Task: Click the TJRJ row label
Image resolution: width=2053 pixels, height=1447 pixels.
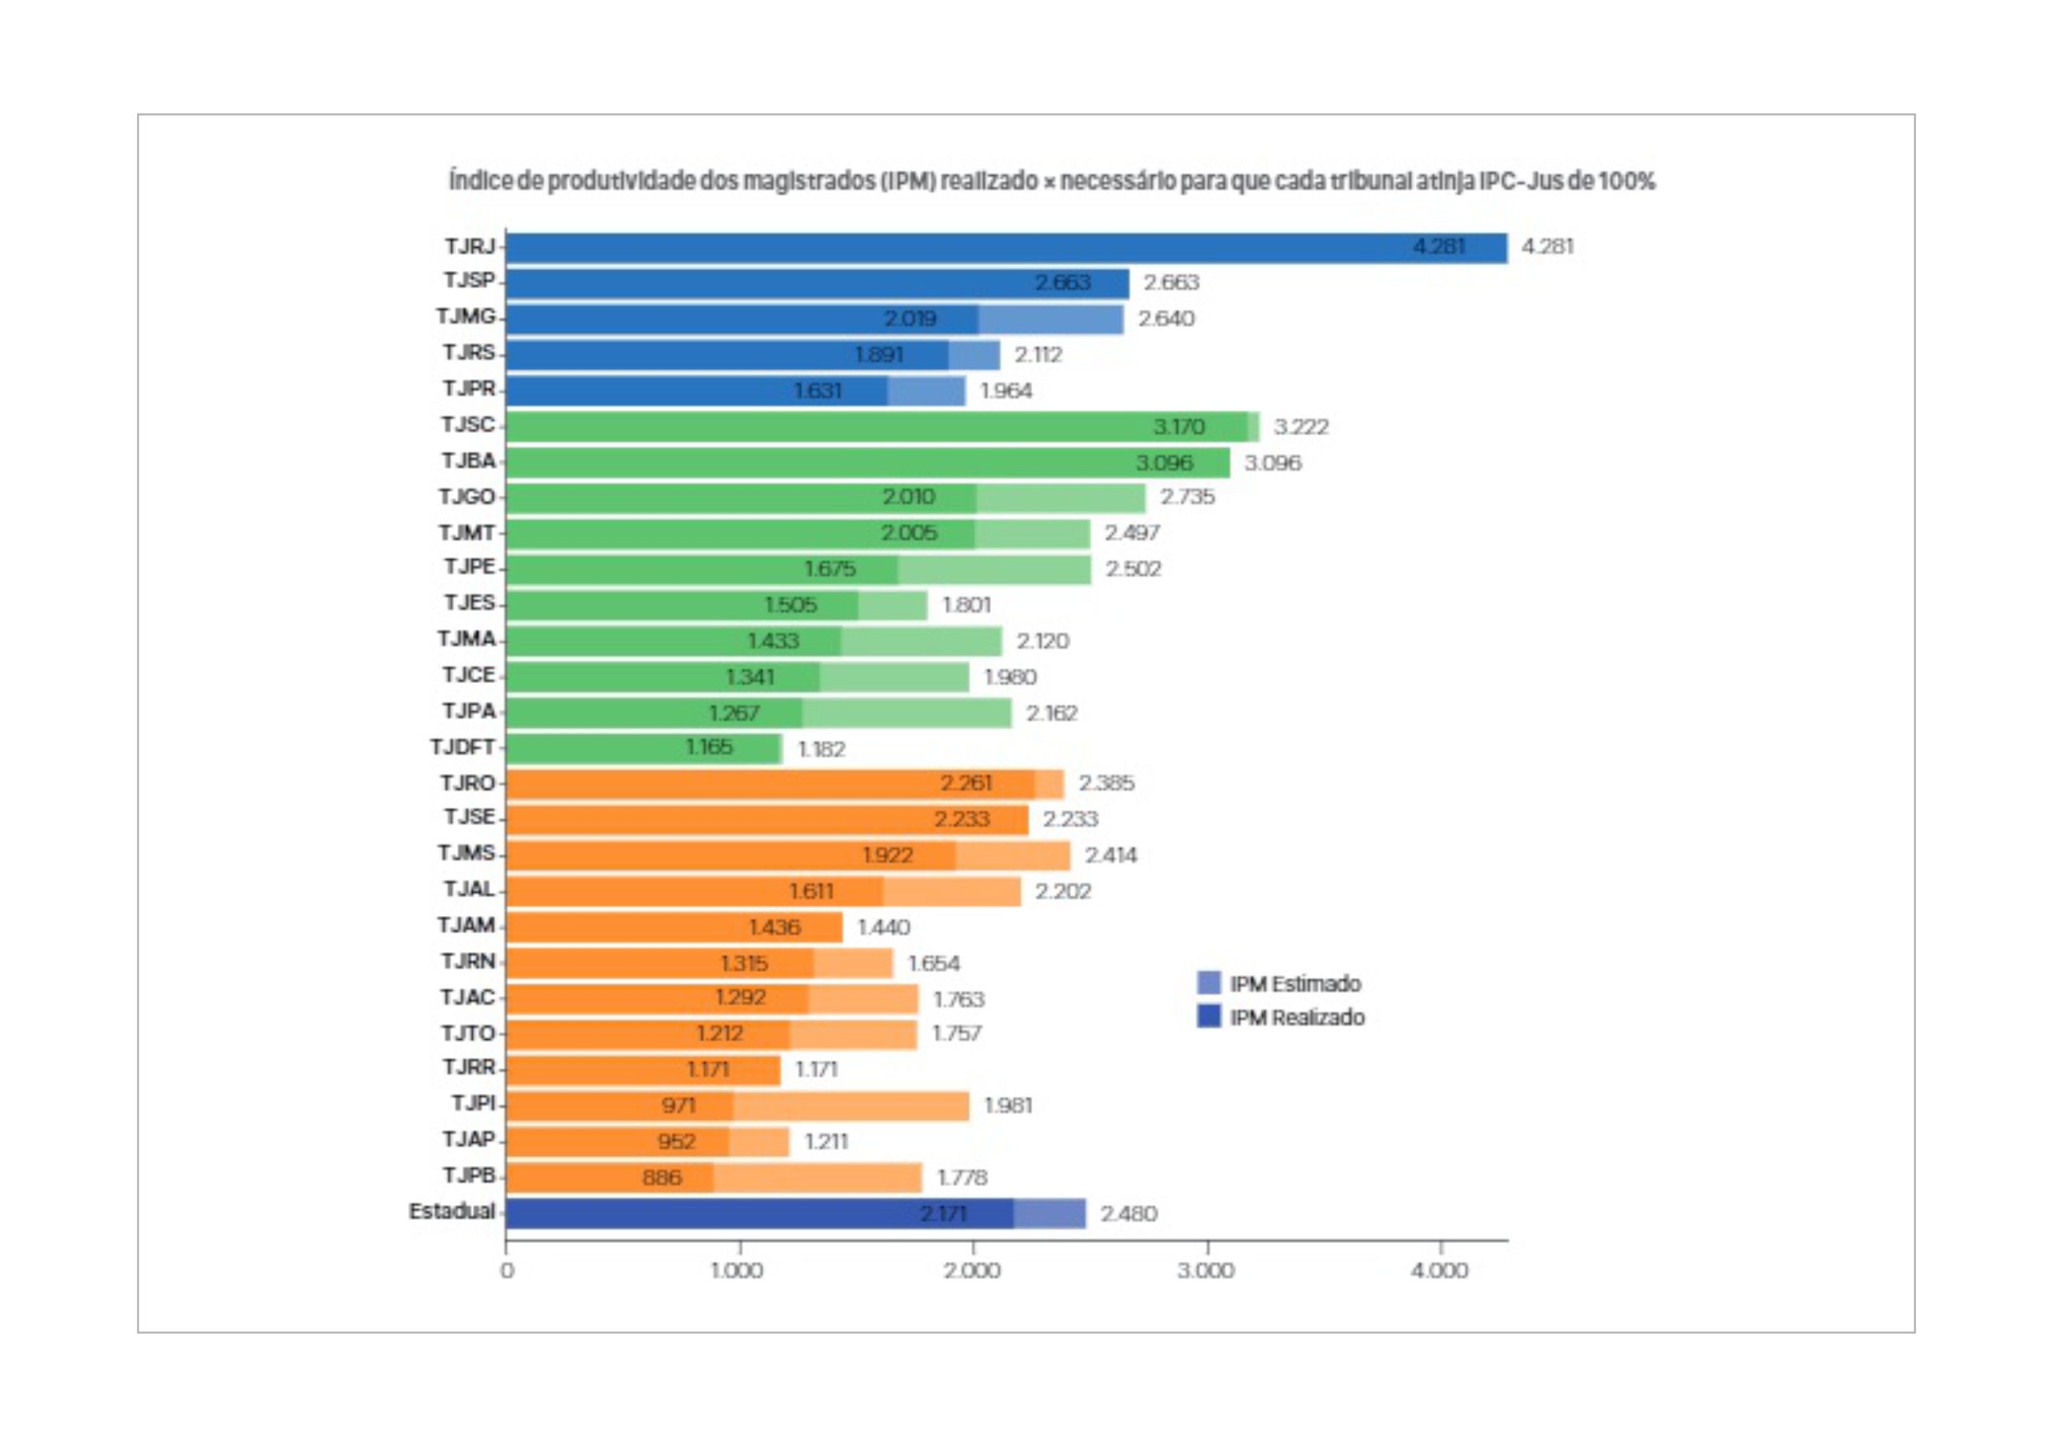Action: [x=469, y=246]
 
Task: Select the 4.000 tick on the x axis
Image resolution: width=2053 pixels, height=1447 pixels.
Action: [x=1440, y=1270]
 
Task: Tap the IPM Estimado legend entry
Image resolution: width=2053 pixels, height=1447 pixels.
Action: [x=1280, y=983]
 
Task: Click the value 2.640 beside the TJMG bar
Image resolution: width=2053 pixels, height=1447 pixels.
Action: [x=1166, y=319]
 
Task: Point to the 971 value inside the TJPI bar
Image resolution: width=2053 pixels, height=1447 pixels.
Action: [x=679, y=1106]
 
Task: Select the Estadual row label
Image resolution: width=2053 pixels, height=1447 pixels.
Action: [x=451, y=1212]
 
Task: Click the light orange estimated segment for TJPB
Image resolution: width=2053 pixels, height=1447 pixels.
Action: [x=817, y=1177]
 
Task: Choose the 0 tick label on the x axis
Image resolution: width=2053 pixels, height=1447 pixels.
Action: [x=507, y=1271]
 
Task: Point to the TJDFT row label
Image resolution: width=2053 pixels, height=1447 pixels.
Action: [x=462, y=747]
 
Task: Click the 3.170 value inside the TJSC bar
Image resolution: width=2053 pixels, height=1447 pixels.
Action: [x=1179, y=427]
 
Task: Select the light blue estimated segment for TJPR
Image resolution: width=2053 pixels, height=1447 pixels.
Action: [x=926, y=391]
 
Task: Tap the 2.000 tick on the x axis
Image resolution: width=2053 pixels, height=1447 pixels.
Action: [x=972, y=1270]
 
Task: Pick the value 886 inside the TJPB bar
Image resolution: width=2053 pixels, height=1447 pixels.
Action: [x=662, y=1177]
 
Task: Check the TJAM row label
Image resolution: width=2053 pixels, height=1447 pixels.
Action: [x=466, y=925]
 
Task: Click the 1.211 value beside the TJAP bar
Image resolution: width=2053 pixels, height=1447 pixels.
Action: [x=826, y=1141]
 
